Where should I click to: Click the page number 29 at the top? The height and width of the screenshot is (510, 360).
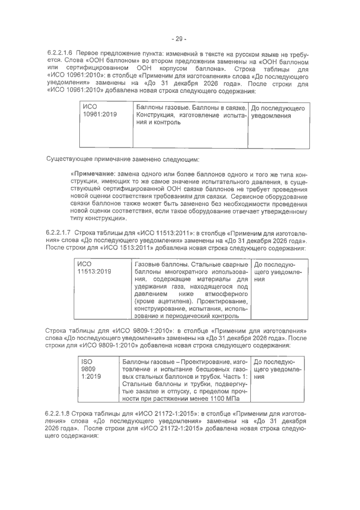point(179,39)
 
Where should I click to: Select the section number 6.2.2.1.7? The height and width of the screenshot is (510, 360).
point(60,232)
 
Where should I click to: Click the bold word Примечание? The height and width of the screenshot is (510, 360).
point(93,173)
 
